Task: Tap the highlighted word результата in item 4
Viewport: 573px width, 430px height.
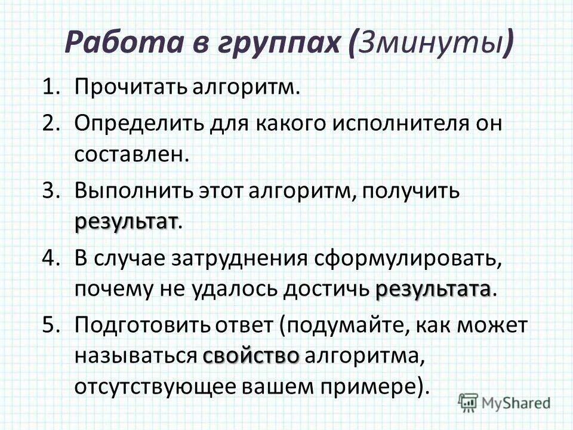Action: point(433,290)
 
